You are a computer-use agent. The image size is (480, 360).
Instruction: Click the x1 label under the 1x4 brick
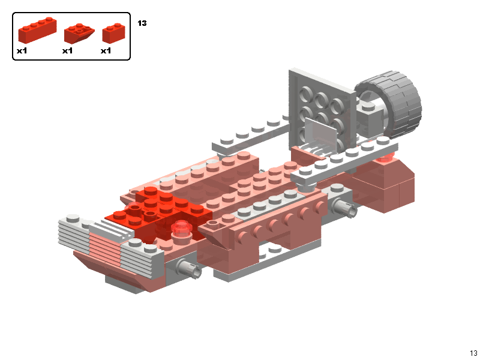coord(22,51)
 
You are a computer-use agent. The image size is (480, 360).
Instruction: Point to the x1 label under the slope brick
coord(67,51)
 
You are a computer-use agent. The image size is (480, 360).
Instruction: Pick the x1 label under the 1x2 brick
coord(106,51)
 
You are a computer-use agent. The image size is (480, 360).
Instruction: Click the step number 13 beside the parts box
coord(142,23)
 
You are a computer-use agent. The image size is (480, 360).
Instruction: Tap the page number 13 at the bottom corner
coord(473,353)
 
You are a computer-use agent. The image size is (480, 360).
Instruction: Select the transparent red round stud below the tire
coord(385,158)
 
